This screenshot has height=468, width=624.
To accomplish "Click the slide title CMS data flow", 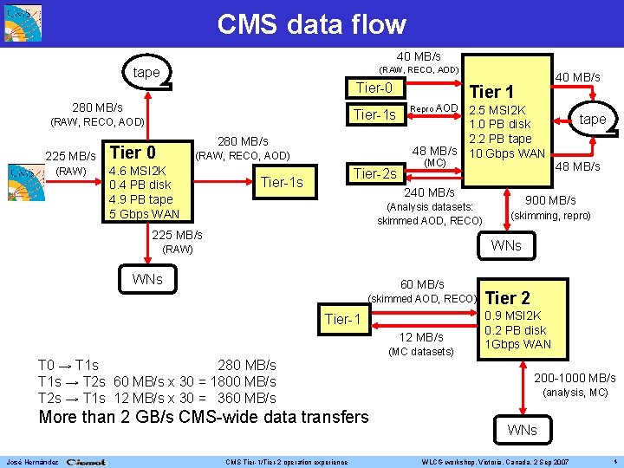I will (311, 23).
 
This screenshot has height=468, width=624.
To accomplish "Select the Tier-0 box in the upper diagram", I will (374, 88).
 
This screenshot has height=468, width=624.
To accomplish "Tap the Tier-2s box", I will (374, 173).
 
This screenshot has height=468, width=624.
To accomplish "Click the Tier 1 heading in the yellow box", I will (491, 92).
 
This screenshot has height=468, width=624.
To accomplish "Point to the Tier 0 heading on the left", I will (133, 152).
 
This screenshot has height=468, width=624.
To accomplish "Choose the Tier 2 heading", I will (508, 297).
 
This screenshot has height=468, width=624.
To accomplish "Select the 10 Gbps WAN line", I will (506, 153).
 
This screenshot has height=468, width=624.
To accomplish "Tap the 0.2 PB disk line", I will (516, 329).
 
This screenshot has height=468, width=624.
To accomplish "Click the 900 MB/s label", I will (550, 200).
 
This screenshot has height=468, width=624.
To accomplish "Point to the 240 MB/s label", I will (430, 192).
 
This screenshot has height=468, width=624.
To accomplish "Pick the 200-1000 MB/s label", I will (575, 378).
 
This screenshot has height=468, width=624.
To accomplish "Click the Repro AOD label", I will (432, 109).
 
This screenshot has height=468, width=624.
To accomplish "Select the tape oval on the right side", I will (593, 119).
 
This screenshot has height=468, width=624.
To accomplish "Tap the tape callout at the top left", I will (146, 73).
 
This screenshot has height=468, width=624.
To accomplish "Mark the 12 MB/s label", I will (420, 336).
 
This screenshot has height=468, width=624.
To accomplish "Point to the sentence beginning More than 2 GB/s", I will (204, 417).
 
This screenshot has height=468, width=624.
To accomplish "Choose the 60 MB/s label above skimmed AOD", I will (421, 284).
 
